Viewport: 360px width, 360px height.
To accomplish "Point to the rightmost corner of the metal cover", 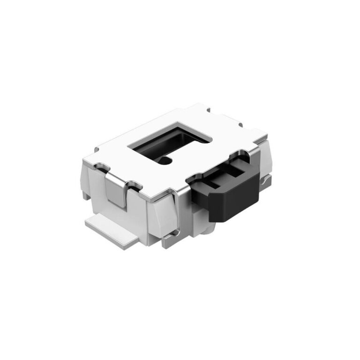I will click(x=266, y=136).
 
